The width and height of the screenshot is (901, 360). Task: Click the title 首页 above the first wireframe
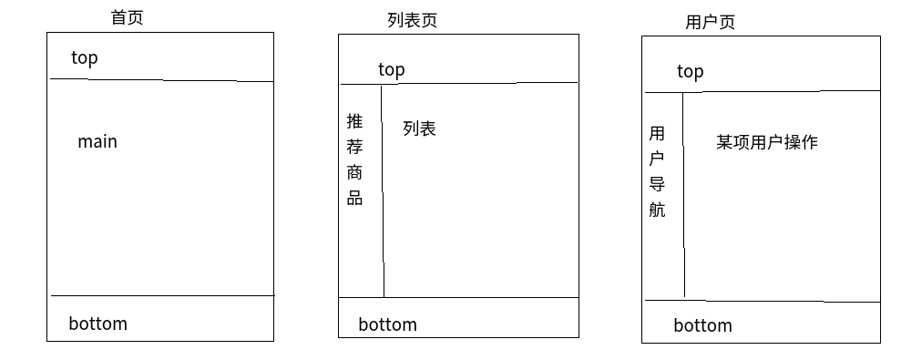[127, 17]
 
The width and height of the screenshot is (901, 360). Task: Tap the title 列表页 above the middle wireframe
[412, 20]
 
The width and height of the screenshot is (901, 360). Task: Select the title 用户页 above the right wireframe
[710, 22]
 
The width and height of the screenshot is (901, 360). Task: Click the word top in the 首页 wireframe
[84, 58]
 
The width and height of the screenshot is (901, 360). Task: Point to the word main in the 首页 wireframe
[97, 142]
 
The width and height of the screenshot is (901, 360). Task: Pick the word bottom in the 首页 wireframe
[97, 324]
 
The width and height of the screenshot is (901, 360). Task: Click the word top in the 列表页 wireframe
[391, 69]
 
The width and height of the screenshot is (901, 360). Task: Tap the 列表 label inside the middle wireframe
[419, 129]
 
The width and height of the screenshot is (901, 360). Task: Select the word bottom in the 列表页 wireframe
[387, 324]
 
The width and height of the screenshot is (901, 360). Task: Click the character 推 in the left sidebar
[354, 121]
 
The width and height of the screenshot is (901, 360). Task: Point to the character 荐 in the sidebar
[354, 147]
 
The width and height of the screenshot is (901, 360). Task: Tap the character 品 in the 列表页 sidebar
[354, 198]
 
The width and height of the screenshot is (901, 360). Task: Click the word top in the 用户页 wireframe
[690, 72]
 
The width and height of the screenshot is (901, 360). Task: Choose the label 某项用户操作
[766, 142]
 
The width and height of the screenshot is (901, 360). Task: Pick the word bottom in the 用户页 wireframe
[702, 325]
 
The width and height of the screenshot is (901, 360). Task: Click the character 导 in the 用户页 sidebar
[657, 184]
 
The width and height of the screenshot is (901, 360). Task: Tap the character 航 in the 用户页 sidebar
[657, 210]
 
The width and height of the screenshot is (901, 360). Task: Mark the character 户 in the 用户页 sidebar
[657, 159]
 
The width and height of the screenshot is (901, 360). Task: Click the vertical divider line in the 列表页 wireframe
[383, 228]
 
